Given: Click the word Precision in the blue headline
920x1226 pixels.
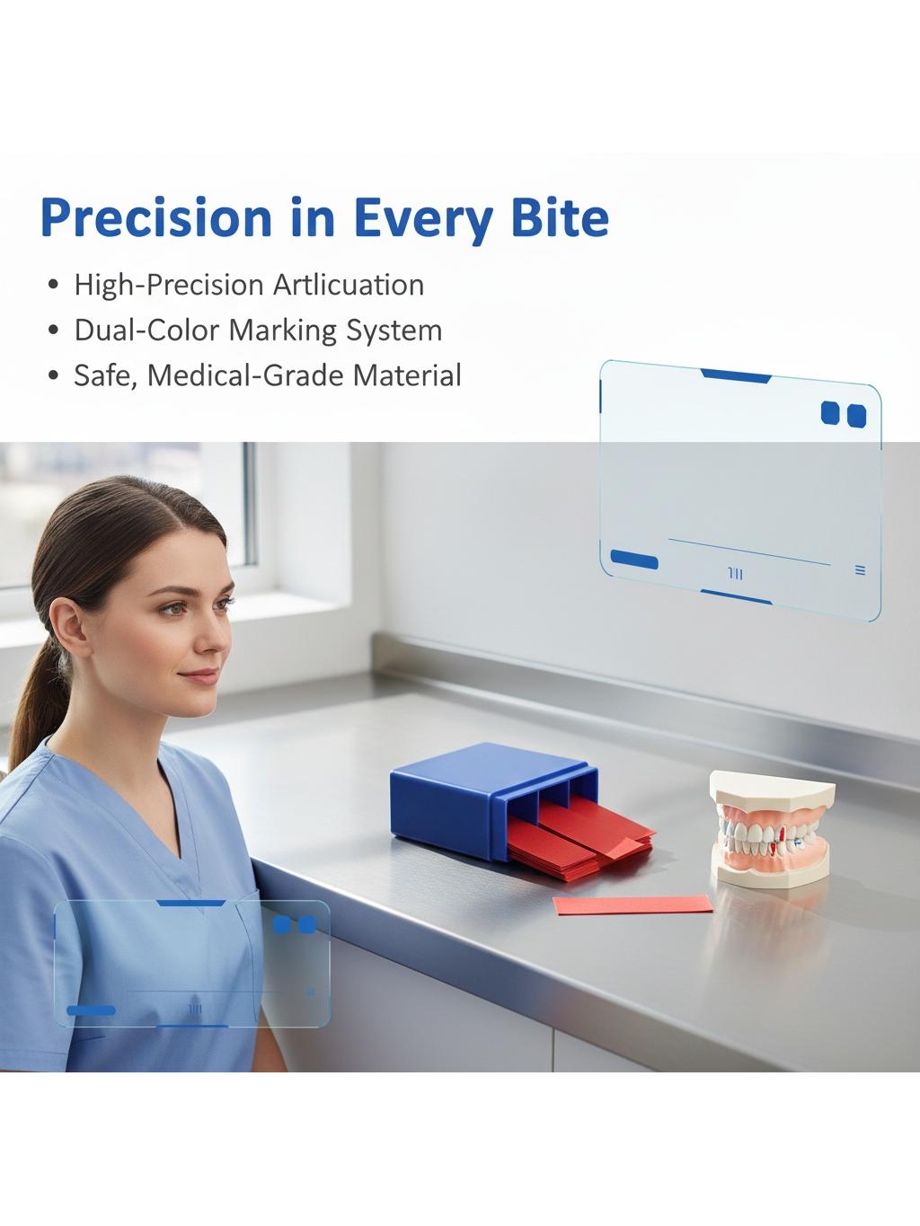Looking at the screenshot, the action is pyautogui.click(x=156, y=218).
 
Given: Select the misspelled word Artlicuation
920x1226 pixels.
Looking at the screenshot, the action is pyautogui.click(x=349, y=285).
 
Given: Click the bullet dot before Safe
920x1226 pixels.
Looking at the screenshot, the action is pyautogui.click(x=54, y=375).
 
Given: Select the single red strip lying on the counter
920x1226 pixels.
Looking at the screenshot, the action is pyautogui.click(x=632, y=904).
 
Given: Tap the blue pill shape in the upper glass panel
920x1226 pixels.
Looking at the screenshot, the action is pyautogui.click(x=634, y=559).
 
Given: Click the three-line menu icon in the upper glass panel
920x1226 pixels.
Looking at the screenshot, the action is pyautogui.click(x=860, y=570).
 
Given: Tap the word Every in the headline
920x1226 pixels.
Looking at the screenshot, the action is pyautogui.click(x=423, y=218).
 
